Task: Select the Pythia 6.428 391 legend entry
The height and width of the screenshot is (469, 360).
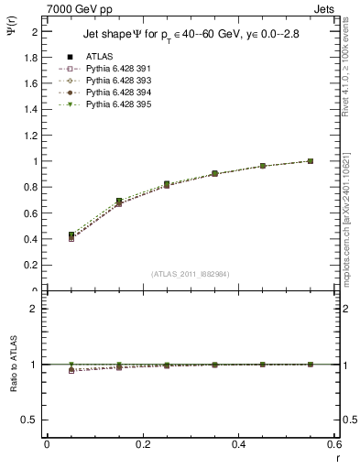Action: pos(112,82)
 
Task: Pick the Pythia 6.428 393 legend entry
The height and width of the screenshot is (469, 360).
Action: pos(112,94)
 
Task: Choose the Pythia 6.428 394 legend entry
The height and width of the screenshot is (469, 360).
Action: pos(112,106)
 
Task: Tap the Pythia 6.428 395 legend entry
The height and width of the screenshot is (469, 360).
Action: pos(112,118)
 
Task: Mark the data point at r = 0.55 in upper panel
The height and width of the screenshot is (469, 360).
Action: pos(311,161)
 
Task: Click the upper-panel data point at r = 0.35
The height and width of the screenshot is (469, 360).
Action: pos(214,173)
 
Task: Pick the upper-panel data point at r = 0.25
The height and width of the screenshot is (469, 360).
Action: pos(167,184)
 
